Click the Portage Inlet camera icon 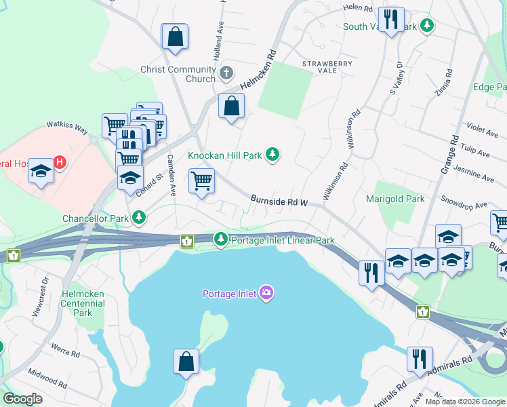(266, 293)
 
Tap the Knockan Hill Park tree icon (272, 155)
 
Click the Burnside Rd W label (279, 201)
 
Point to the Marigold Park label (395, 199)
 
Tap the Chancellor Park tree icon (139, 217)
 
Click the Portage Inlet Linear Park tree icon (220, 239)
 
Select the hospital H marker (60, 163)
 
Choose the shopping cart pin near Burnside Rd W (201, 182)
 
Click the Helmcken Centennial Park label (83, 303)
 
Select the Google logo (22, 399)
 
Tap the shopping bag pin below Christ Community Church (231, 106)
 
